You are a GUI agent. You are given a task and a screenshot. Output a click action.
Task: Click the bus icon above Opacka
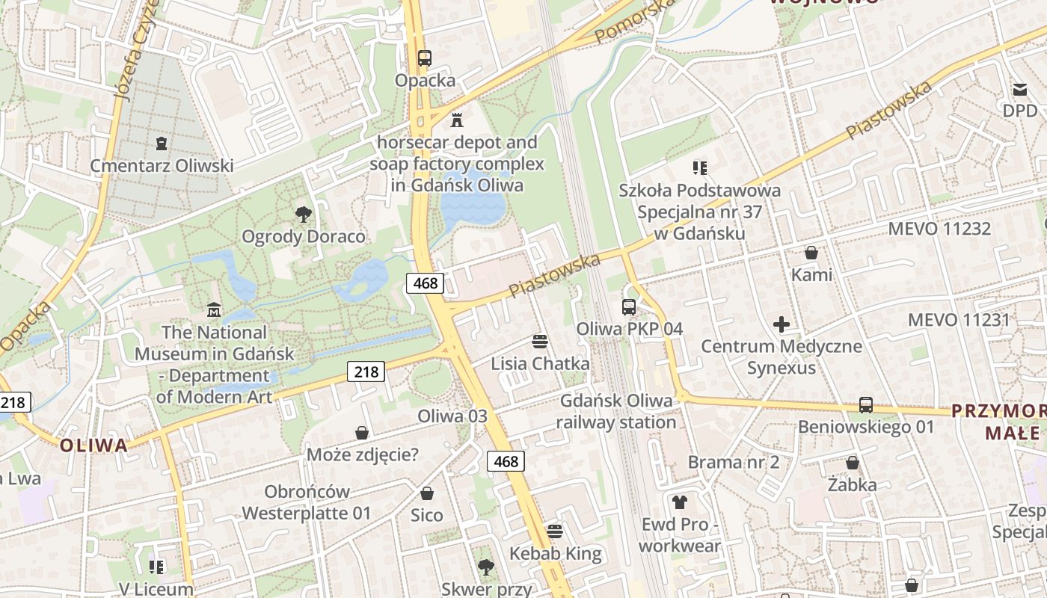click(x=424, y=58)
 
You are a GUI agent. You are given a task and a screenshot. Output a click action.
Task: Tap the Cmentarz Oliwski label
click(x=162, y=165)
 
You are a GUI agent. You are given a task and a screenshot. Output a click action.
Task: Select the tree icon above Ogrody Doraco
click(x=303, y=215)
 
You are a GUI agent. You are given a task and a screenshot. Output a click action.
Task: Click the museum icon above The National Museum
click(x=214, y=309)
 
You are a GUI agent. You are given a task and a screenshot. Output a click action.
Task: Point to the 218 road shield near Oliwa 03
click(x=366, y=371)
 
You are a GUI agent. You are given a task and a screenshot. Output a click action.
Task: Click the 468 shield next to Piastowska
click(x=426, y=283)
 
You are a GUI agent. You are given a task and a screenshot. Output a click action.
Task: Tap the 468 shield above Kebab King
click(x=506, y=461)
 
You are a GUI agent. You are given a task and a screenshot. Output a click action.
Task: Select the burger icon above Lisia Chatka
click(x=540, y=342)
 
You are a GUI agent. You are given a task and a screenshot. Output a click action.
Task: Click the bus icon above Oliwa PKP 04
click(x=628, y=306)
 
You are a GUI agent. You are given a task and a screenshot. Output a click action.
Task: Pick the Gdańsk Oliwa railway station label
click(x=617, y=411)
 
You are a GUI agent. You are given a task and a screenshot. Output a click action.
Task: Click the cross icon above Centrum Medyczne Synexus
click(x=782, y=324)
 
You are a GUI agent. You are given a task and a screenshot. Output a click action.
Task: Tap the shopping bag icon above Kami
click(x=811, y=253)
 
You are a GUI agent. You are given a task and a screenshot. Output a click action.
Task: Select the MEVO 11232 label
click(x=939, y=229)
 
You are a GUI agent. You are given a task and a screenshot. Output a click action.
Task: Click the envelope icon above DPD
click(x=1020, y=90)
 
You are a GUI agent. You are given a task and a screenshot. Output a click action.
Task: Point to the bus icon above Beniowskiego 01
click(x=865, y=405)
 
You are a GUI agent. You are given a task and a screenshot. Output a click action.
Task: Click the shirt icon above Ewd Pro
click(x=679, y=502)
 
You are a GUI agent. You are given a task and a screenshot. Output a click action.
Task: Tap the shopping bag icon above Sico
click(x=426, y=493)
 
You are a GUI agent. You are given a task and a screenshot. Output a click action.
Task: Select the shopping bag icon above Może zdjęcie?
click(x=362, y=433)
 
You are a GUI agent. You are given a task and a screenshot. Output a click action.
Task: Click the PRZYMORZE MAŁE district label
click(x=1002, y=422)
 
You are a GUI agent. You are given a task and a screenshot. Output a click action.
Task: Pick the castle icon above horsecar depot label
click(x=457, y=120)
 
